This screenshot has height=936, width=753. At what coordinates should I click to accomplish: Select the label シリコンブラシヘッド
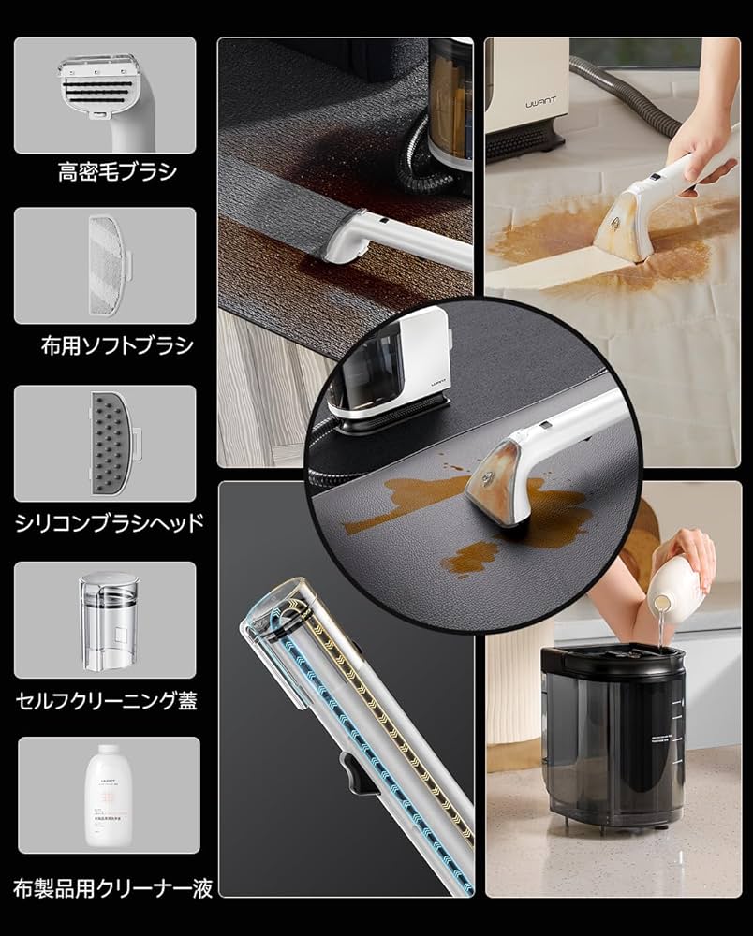(109, 522)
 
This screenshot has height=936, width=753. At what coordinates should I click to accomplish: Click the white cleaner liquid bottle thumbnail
(110, 795)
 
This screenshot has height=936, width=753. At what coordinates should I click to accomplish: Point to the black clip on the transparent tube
(352, 772)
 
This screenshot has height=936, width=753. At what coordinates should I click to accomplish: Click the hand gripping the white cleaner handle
(698, 140)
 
